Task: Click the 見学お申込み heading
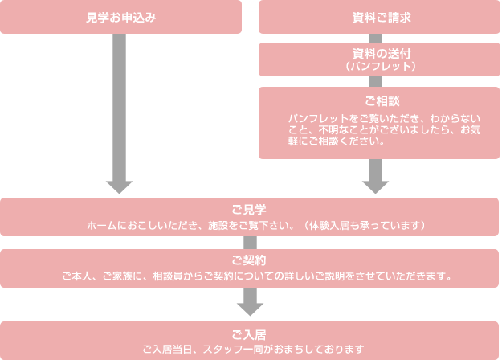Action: pyautogui.click(x=120, y=17)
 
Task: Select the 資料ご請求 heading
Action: pyautogui.click(x=375, y=17)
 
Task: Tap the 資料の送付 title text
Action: pyautogui.click(x=375, y=53)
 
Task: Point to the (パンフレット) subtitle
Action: pyautogui.click(x=375, y=65)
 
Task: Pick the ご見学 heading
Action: pyautogui.click(x=249, y=211)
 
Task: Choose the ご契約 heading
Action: pyautogui.click(x=249, y=261)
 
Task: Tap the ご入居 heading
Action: pyautogui.click(x=249, y=334)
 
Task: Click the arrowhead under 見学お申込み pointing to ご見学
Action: pyautogui.click(x=119, y=186)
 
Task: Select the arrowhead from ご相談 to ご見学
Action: pyautogui.click(x=375, y=186)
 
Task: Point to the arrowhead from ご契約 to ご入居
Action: pyautogui.click(x=250, y=308)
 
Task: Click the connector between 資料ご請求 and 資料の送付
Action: pyautogui.click(x=375, y=38)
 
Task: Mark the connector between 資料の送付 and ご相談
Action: pyautogui.click(x=375, y=82)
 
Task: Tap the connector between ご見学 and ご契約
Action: pyautogui.click(x=250, y=243)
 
